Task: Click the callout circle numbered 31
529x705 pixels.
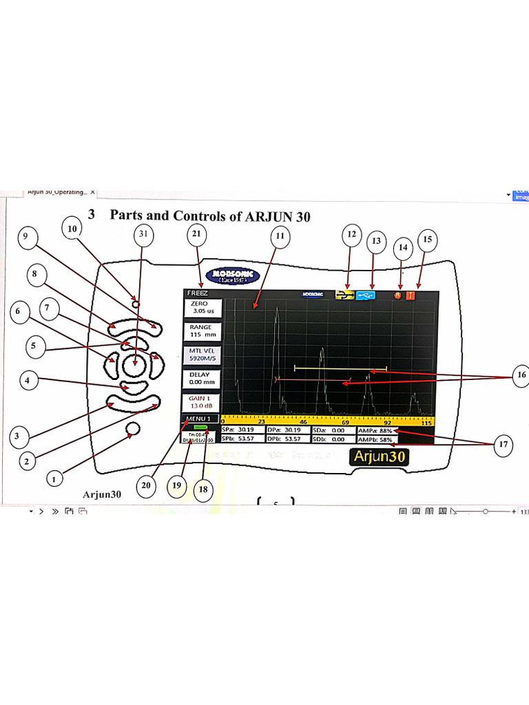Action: tap(143, 235)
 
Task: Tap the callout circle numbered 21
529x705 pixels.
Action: tap(196, 235)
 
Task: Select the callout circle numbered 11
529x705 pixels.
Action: tap(279, 237)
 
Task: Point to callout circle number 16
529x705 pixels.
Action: tap(520, 376)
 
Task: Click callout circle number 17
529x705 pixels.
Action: tap(504, 445)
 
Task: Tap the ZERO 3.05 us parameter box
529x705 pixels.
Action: tap(203, 308)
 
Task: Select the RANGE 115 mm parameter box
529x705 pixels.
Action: tap(201, 331)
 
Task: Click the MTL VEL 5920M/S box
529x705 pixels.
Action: tap(202, 355)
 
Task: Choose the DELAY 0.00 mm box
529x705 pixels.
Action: tap(202, 378)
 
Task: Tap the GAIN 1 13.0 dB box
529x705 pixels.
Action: tap(202, 402)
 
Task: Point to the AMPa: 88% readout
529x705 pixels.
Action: tap(375, 431)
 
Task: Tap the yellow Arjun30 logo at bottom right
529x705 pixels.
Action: tap(377, 456)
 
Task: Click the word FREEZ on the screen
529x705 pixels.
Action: tap(198, 293)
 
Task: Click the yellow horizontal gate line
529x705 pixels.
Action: tap(340, 369)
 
